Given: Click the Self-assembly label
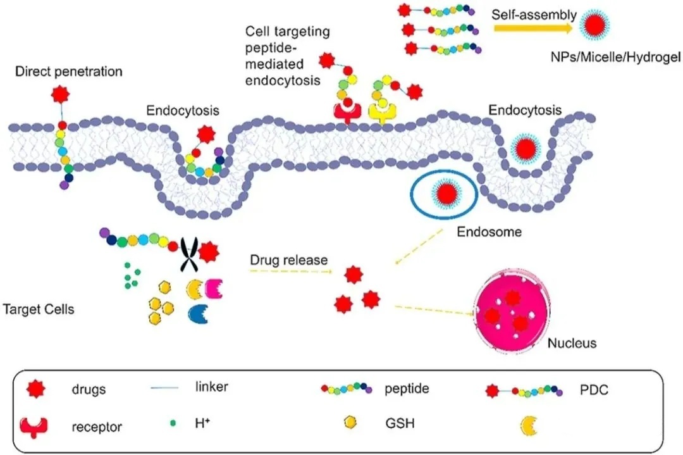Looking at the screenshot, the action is click(x=534, y=15).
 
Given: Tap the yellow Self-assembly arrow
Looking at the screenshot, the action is click(x=533, y=28).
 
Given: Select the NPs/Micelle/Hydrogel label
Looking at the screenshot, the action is click(x=615, y=57).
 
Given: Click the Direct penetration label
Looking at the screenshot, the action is click(x=69, y=72).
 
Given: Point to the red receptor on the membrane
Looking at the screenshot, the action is click(x=347, y=113).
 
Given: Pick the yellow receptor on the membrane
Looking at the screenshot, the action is click(x=383, y=113).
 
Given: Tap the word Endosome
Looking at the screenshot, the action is click(x=489, y=232).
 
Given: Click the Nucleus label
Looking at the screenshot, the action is click(x=572, y=343).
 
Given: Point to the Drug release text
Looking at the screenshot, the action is click(x=289, y=260).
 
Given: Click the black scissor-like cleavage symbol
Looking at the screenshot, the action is click(x=190, y=254).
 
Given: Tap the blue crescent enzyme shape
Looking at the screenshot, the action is click(x=198, y=314).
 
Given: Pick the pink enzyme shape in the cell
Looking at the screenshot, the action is click(x=214, y=289).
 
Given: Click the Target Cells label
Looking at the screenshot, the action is click(x=39, y=309).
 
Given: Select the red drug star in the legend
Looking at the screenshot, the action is click(x=35, y=389).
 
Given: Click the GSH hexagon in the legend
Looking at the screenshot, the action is click(x=350, y=422).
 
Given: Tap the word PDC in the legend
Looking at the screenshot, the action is click(x=594, y=389).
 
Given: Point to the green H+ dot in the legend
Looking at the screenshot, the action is click(x=173, y=423).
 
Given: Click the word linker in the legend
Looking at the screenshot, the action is click(x=211, y=387).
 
